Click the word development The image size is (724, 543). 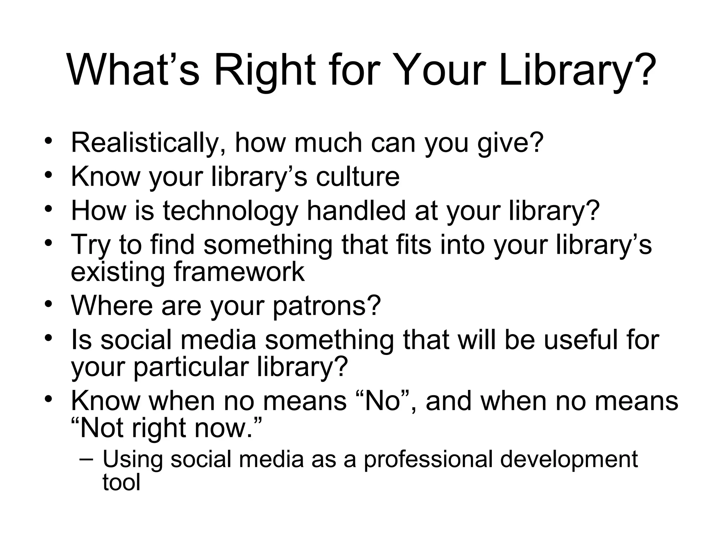point(569,460)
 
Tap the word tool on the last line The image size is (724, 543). point(121,482)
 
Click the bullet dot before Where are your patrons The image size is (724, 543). point(49,303)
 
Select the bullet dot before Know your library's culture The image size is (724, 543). point(49,174)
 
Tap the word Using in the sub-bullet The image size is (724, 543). point(133,460)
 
